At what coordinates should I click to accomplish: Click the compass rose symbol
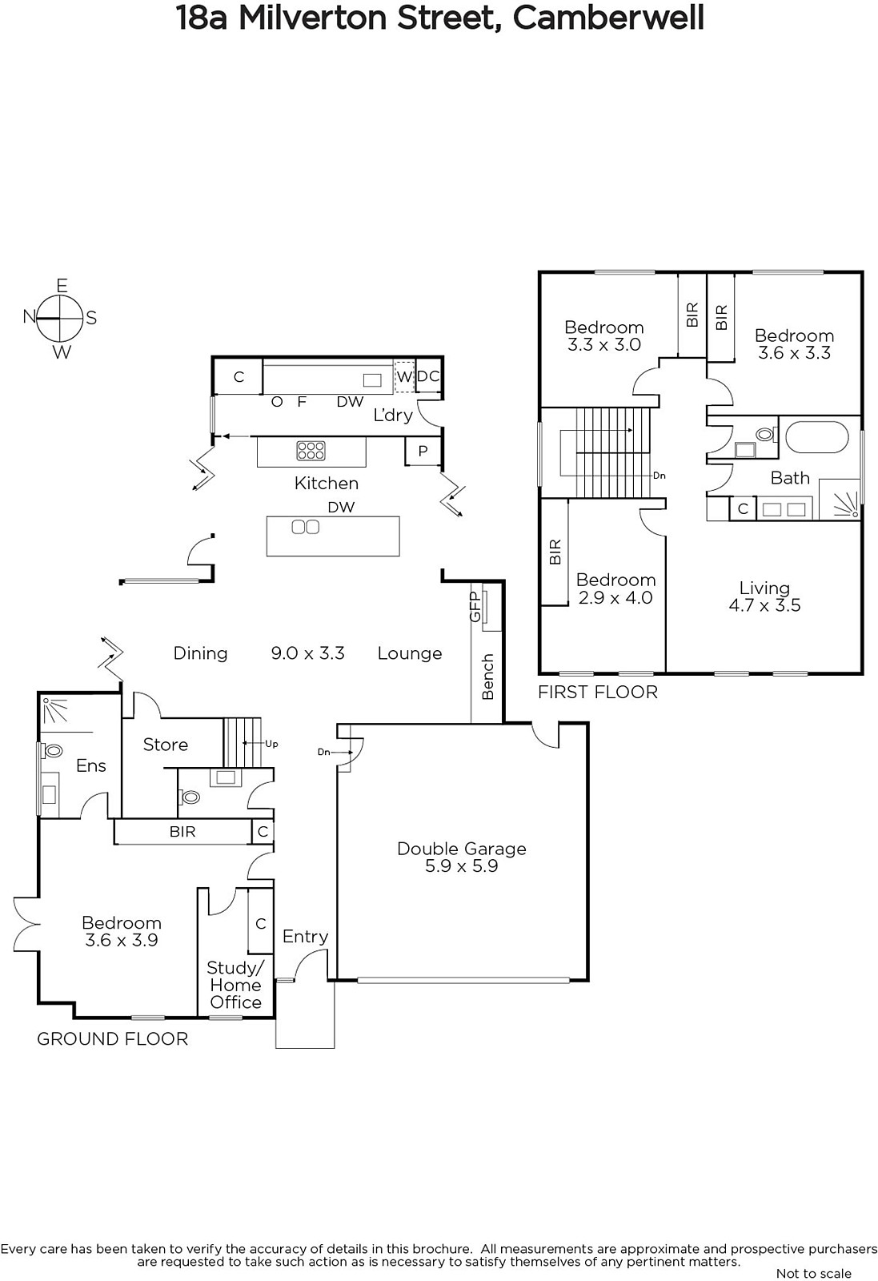pos(59,318)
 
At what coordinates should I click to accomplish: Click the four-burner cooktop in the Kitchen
pos(311,451)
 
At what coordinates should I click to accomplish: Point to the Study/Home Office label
pos(235,985)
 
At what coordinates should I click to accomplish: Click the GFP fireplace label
pos(475,607)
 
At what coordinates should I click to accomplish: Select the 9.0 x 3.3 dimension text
pos(307,653)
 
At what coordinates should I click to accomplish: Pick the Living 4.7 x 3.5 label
pos(764,596)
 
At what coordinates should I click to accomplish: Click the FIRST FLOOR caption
pos(598,692)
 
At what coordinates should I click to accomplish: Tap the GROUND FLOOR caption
pos(113,1038)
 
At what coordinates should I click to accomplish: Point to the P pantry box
pos(423,452)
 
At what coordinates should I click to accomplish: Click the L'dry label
pos(393,415)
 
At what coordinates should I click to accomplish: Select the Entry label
pos(305,936)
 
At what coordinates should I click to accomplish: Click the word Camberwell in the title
pos(608,18)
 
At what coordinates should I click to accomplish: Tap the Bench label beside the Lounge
pos(487,677)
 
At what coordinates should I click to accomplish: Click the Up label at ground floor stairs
pos(271,744)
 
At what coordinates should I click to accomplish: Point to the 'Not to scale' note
pos(813,1273)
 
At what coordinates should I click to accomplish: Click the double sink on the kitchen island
pos(305,527)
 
